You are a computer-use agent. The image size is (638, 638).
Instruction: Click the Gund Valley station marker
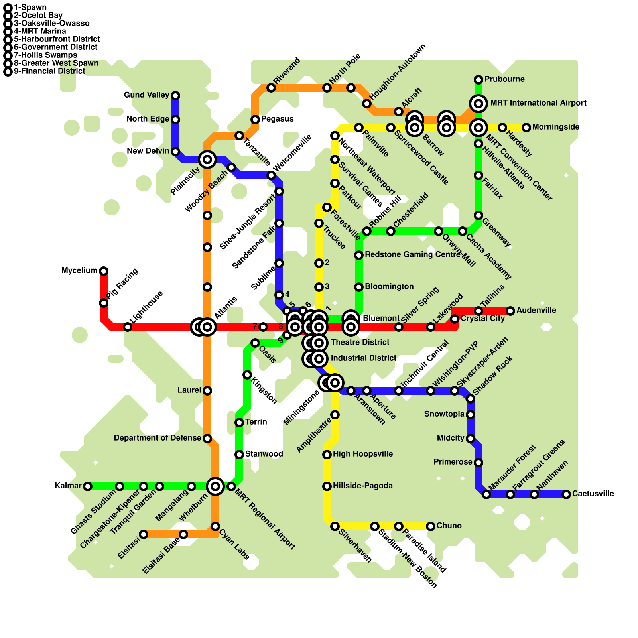[x=175, y=96]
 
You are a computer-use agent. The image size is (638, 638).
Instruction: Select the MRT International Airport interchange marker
[x=478, y=104]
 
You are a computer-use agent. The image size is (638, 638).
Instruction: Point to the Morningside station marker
[x=526, y=128]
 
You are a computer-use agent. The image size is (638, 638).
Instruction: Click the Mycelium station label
[x=79, y=271]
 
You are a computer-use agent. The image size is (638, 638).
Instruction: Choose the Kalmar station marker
[x=88, y=486]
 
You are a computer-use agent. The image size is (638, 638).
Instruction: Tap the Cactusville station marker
[x=566, y=494]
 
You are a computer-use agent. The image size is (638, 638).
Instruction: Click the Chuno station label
[x=449, y=526]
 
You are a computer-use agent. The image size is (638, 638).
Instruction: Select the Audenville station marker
[x=510, y=311]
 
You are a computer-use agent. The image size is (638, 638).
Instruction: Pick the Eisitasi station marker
[x=144, y=534]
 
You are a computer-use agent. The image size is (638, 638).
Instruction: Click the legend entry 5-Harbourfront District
[x=57, y=39]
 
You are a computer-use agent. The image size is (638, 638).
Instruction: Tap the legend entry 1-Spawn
[x=30, y=8]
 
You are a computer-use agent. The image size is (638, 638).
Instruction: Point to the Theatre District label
[x=360, y=343]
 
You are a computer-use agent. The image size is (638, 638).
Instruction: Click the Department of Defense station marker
[x=207, y=439]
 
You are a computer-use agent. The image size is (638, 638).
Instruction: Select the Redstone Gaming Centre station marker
[x=359, y=255]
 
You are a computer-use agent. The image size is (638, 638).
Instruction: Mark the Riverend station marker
[x=271, y=88]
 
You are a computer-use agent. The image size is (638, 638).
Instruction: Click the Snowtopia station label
[x=444, y=414]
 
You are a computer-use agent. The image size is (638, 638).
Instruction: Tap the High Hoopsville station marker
[x=327, y=455]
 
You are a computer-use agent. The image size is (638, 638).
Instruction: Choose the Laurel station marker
[x=207, y=391]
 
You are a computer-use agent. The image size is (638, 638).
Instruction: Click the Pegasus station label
[x=277, y=119]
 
